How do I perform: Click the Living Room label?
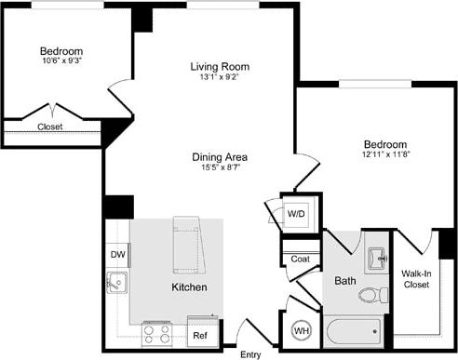pos(220,66)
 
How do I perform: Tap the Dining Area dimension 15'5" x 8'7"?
pos(220,169)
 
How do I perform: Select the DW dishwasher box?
pos(117,253)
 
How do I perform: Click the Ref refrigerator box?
pos(199,335)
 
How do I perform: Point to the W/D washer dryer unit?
pos(295,214)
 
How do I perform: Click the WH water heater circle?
pos(302,329)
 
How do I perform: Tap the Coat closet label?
pos(300,260)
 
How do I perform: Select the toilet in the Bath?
pos(374,296)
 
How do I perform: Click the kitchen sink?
pos(117,282)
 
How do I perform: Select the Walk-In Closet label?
pos(415,279)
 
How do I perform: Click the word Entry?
pos(251,354)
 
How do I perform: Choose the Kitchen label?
pos(188,287)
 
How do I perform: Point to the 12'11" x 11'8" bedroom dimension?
pos(384,157)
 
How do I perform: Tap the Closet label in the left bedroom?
pos(50,127)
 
